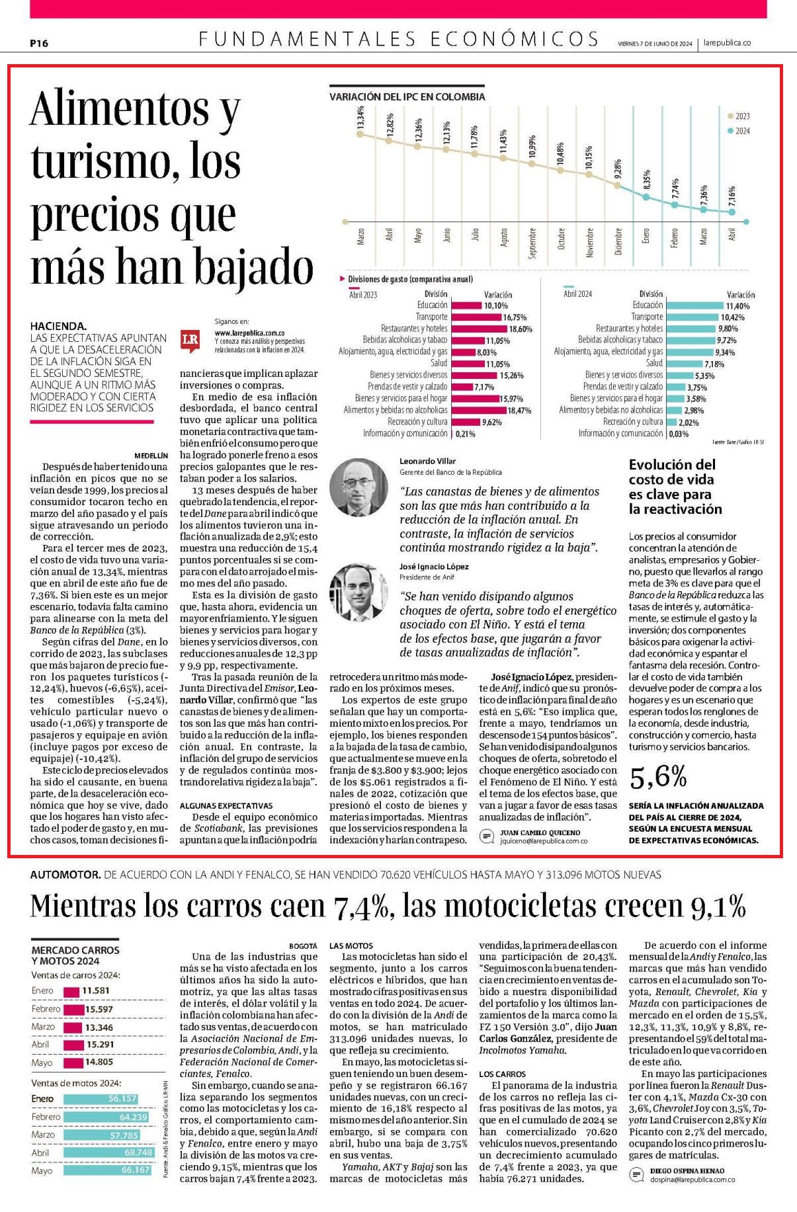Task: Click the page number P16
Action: point(39,44)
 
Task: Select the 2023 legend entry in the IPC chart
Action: point(739,116)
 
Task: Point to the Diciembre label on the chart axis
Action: point(618,243)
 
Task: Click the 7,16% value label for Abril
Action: point(732,196)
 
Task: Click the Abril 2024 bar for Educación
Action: point(695,305)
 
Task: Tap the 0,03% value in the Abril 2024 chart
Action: point(679,434)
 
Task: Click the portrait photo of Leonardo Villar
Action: point(358,487)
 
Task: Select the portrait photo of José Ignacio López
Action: point(358,592)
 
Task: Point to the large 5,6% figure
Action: point(658,778)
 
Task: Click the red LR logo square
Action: point(190,339)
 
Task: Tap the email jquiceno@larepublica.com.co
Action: point(544,841)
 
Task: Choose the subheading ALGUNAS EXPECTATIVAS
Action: point(226,806)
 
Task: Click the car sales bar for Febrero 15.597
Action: point(74,1009)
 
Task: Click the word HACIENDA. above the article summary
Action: point(58,325)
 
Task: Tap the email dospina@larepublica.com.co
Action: point(692,1179)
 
